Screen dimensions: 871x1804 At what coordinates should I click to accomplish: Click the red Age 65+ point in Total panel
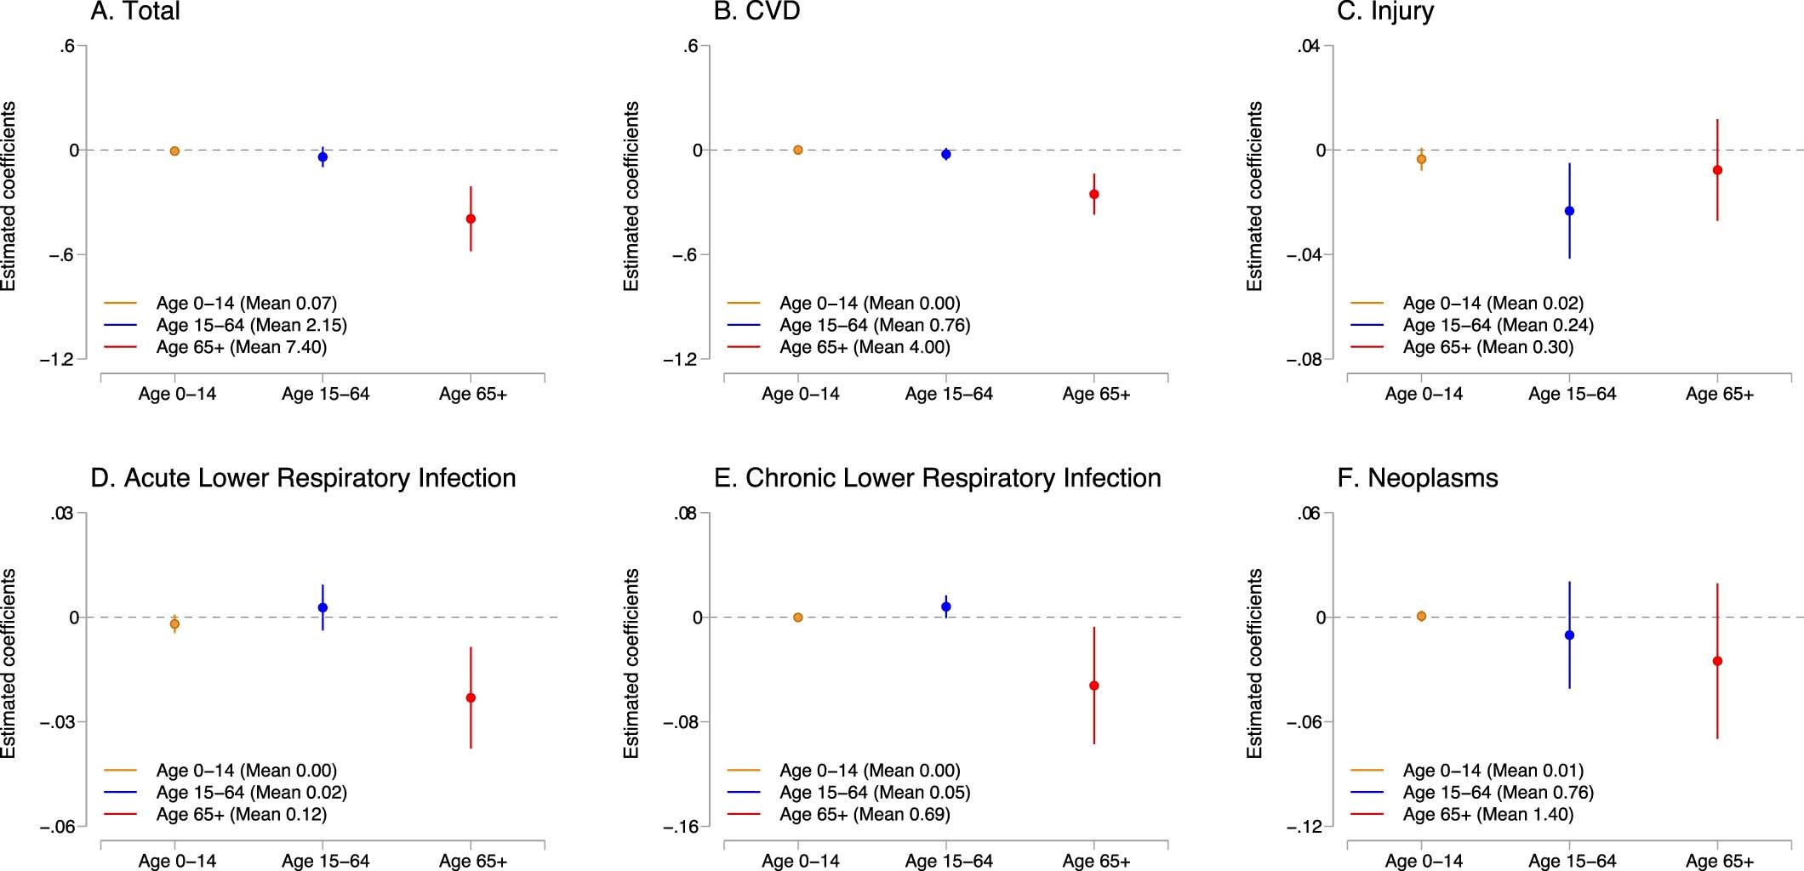[471, 219]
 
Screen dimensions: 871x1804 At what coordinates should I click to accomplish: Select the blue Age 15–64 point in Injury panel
[1569, 211]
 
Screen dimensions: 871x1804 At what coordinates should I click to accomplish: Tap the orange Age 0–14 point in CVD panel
[798, 150]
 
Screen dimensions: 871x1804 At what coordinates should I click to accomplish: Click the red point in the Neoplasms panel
[1717, 661]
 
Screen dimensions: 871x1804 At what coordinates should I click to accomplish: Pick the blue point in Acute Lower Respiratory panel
[323, 607]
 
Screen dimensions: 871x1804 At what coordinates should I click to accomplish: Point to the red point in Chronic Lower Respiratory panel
[1094, 686]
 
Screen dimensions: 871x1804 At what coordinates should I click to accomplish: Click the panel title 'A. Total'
[135, 12]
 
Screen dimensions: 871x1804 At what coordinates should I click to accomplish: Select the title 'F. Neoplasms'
[1418, 478]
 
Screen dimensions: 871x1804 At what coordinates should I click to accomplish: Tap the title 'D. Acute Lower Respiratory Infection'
[303, 478]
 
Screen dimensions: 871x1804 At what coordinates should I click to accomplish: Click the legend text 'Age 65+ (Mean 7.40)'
[242, 347]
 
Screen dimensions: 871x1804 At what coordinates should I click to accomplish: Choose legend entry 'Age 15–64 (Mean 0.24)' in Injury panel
[1498, 325]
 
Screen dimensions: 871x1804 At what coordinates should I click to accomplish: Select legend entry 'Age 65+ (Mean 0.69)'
[865, 814]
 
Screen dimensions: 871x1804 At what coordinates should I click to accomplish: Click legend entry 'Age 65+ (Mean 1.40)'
[1488, 814]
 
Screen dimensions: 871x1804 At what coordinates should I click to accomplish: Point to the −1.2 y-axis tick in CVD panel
[680, 360]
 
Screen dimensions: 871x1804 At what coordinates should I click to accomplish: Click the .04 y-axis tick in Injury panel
[1309, 47]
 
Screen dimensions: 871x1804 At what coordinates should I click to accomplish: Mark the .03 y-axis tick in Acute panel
[63, 514]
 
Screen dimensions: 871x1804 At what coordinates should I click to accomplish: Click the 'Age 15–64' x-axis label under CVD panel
[949, 394]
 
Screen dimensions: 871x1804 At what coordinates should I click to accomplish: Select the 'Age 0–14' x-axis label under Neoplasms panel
[1424, 861]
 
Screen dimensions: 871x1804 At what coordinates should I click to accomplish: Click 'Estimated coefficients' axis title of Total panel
[9, 196]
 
